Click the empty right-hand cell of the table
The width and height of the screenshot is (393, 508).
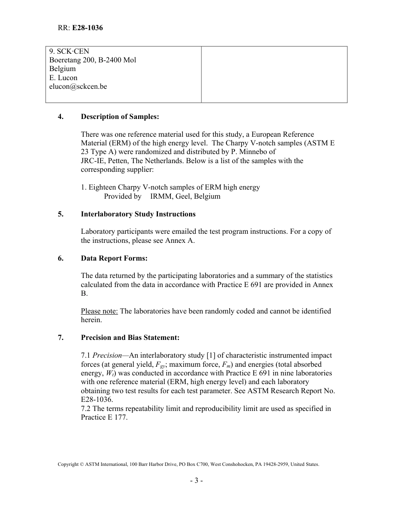(274, 74)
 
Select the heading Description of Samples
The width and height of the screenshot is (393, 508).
(120, 117)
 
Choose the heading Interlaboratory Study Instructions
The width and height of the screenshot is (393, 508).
(138, 214)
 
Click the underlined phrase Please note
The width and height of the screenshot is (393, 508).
(99, 311)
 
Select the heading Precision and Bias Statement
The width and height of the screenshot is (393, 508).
(130, 338)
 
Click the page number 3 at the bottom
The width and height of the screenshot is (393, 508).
(196, 481)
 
